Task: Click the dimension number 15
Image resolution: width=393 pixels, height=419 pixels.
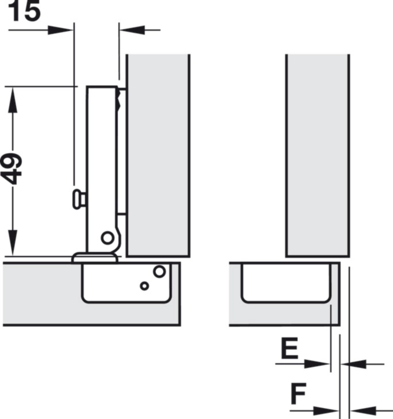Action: [x=24, y=11]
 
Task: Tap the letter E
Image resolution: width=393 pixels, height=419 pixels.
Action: [x=290, y=349]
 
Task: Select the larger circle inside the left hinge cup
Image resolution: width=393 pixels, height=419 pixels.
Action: [x=159, y=272]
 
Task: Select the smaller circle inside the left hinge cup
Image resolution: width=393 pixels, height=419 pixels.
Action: [x=144, y=286]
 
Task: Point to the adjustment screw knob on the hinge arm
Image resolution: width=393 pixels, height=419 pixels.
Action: [x=78, y=199]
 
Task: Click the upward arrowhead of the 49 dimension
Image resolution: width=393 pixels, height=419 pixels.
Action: [x=13, y=100]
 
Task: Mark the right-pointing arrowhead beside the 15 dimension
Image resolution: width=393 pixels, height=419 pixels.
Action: [x=61, y=29]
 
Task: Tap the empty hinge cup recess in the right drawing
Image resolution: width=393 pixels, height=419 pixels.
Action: [x=285, y=282]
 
